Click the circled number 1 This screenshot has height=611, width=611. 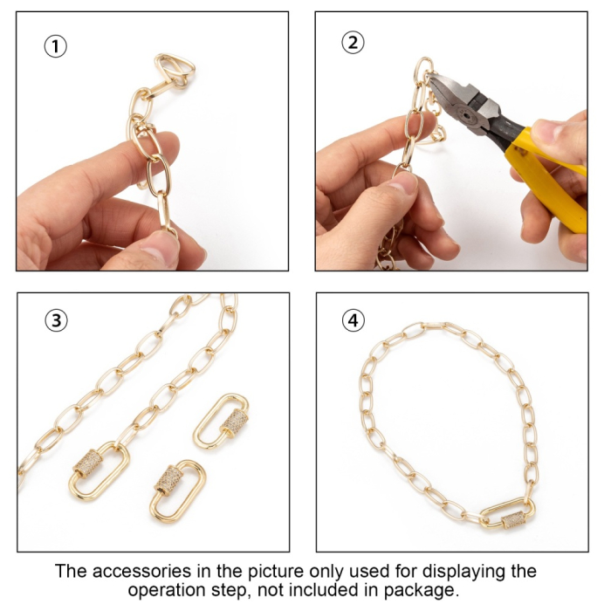[x=55, y=46]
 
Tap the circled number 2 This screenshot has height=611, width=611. [x=353, y=43]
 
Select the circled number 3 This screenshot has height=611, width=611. [x=57, y=320]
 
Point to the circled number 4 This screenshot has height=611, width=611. [x=354, y=320]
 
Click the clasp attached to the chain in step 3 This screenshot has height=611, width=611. [x=99, y=470]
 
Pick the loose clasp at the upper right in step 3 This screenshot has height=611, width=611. [x=222, y=422]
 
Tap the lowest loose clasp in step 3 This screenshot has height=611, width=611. [x=177, y=491]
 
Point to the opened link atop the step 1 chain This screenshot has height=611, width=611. [x=175, y=69]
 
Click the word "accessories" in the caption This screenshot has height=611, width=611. [x=141, y=572]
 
